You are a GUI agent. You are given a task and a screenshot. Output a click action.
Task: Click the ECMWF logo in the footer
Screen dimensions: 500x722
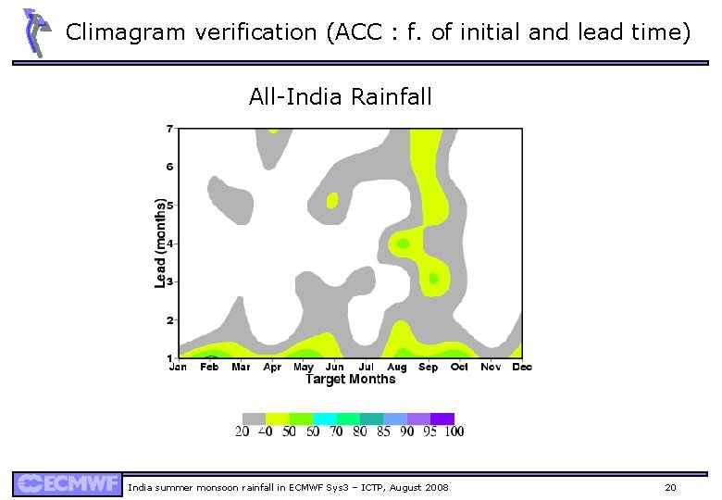coord(67,484)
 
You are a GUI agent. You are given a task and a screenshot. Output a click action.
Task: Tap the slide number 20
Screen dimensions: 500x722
coord(670,487)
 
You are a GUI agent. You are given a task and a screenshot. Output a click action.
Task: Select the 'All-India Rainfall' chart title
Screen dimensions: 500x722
coord(340,96)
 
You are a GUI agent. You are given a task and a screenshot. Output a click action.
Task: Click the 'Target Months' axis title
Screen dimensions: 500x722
coord(350,379)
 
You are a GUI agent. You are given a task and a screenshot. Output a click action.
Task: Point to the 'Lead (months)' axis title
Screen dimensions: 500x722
coord(161,243)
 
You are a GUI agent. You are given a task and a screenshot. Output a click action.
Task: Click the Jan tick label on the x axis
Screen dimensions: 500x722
coord(178,367)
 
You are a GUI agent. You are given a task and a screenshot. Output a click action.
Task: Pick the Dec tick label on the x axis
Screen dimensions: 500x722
coord(521,367)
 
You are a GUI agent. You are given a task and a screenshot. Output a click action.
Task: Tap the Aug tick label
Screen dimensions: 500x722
coord(396,367)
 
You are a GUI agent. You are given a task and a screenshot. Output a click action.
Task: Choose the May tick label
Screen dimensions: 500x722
coord(303,367)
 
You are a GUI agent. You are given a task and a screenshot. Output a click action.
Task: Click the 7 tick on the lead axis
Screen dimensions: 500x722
coord(169,129)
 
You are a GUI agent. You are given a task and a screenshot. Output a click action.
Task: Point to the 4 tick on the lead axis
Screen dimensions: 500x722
coord(169,244)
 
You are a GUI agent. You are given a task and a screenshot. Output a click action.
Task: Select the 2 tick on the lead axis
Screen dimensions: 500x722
coord(169,320)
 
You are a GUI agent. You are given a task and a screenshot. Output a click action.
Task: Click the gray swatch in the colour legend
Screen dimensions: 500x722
coord(254,418)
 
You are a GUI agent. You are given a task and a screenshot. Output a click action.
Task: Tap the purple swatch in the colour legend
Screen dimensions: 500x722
coord(442,418)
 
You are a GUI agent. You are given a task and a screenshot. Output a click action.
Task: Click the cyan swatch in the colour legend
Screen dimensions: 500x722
coord(325,418)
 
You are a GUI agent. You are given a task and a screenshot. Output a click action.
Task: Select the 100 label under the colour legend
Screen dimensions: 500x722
coord(454,431)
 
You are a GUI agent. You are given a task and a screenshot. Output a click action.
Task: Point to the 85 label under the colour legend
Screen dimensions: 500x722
coord(383,431)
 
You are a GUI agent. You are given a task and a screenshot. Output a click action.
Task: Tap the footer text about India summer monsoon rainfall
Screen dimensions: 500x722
coord(287,487)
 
